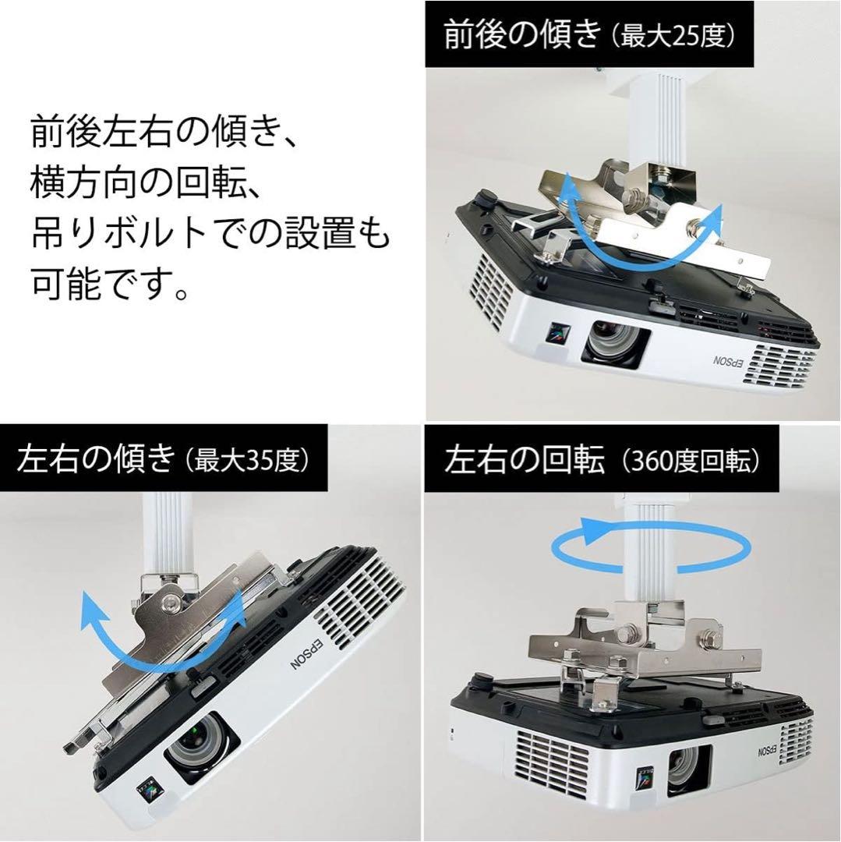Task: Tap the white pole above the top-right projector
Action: pos(650,117)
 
